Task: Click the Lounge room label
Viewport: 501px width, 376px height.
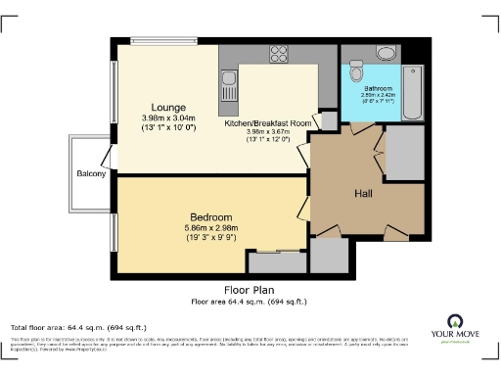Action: click(161, 108)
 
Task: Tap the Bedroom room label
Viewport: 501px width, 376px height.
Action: click(211, 216)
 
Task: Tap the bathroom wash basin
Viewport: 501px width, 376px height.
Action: click(383, 54)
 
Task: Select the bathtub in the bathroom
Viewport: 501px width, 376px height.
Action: click(410, 83)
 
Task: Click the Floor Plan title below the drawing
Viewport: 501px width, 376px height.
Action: click(249, 290)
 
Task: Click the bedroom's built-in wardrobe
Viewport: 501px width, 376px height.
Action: click(276, 261)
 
